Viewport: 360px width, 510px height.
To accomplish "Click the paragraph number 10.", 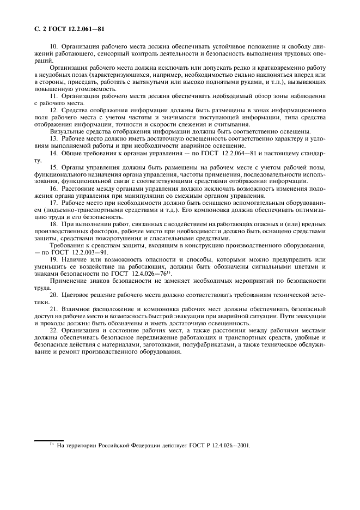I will [x=53, y=47].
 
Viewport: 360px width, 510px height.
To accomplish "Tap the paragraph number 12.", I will [x=53, y=111].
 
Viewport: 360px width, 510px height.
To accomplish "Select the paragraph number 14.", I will [x=53, y=153].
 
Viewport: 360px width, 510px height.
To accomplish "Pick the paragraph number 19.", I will [x=53, y=259].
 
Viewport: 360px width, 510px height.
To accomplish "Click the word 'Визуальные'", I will [x=68, y=132].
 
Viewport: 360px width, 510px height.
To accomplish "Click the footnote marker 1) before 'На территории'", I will [x=51, y=445].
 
